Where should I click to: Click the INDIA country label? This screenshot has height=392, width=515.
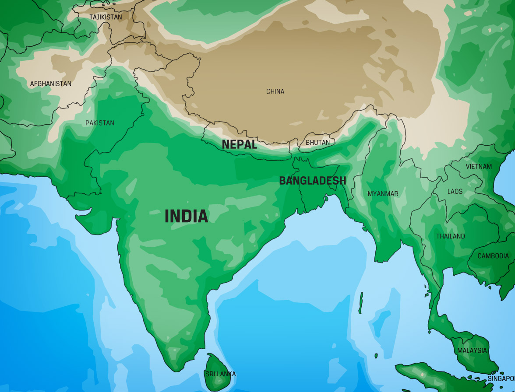tap(186, 216)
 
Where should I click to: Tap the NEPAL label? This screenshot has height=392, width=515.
tap(239, 144)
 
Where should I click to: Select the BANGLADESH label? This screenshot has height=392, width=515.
tap(312, 181)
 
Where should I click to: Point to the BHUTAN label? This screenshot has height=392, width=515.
tap(317, 143)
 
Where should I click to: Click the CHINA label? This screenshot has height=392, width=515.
tap(275, 91)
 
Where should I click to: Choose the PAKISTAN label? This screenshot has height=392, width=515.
tap(99, 123)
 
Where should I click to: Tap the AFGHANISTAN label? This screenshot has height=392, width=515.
tap(50, 84)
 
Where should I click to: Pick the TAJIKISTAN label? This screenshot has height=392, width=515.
tap(106, 17)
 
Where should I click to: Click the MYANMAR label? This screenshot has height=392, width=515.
tap(383, 193)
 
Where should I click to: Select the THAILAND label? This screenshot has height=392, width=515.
tap(450, 236)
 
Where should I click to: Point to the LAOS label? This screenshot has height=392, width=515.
tap(455, 192)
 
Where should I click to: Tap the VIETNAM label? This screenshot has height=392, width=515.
tap(479, 166)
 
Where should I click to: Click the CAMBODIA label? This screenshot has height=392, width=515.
tap(493, 256)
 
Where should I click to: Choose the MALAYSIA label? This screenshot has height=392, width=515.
tap(472, 350)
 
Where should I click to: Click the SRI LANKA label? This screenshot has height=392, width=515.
tap(220, 374)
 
